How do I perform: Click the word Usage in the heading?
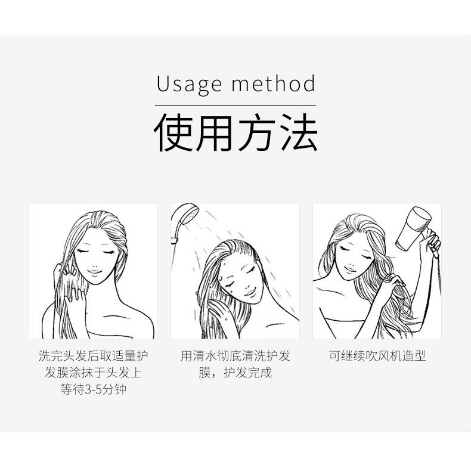[x=188, y=84]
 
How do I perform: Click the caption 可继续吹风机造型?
[x=377, y=357]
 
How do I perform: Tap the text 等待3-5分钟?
[x=94, y=390]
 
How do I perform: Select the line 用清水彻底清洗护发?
[x=235, y=357]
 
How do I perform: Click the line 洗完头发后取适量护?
[x=94, y=357]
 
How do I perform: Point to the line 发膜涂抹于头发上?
[x=94, y=373]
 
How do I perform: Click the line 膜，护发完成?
[x=235, y=373]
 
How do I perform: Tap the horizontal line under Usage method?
[x=235, y=104]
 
